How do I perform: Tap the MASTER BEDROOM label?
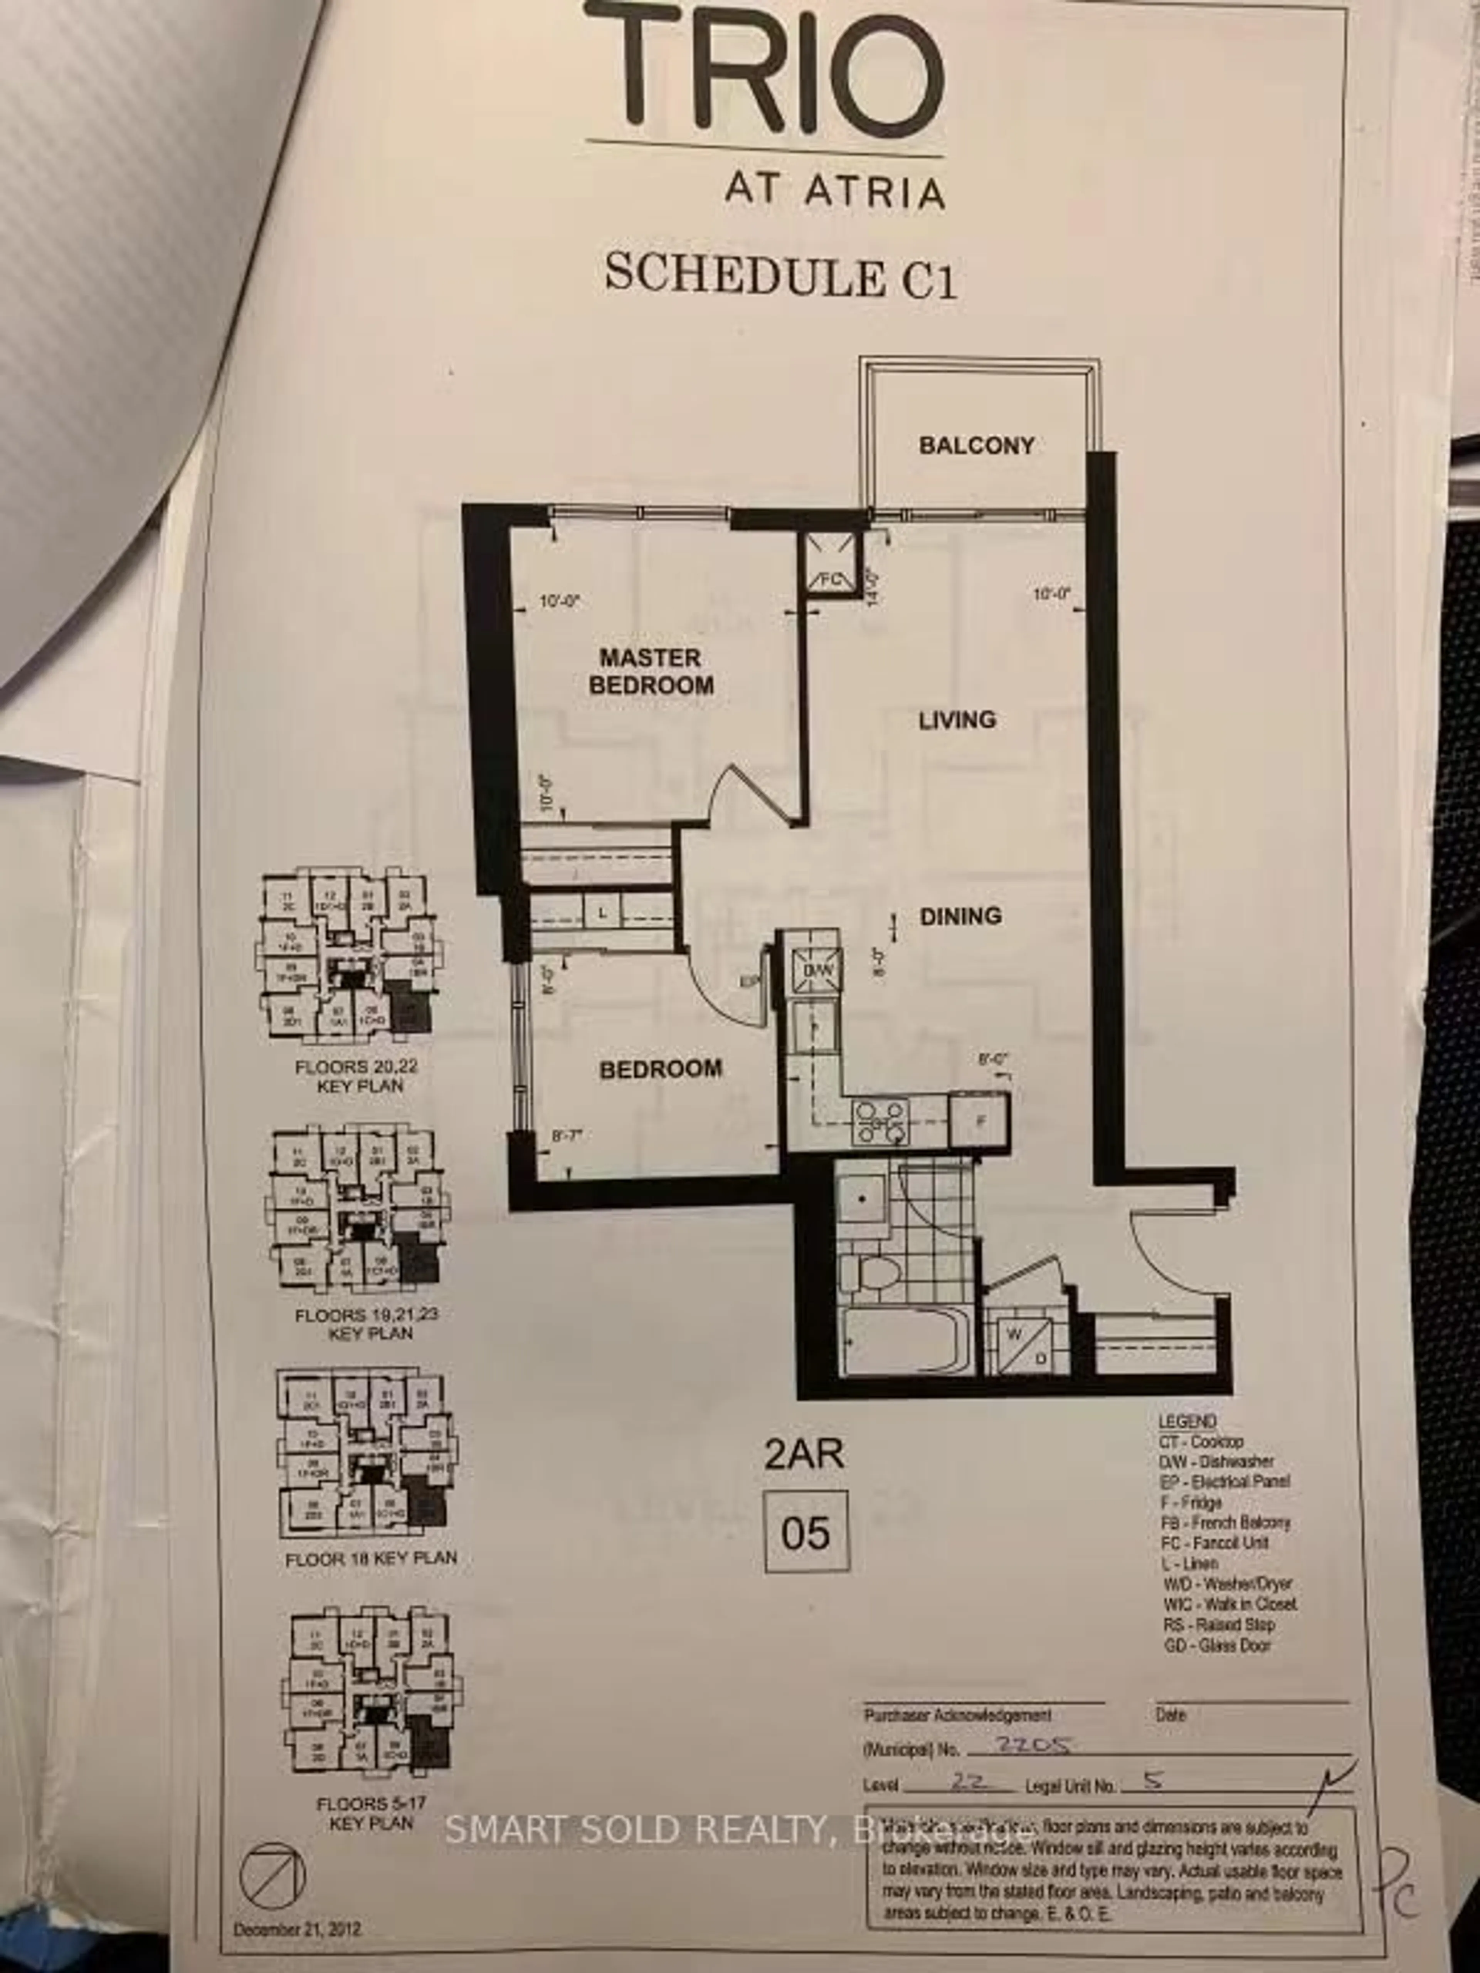click(x=650, y=672)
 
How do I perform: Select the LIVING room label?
click(x=957, y=720)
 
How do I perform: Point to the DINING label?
click(x=961, y=916)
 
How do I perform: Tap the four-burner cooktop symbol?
click(x=881, y=1121)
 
